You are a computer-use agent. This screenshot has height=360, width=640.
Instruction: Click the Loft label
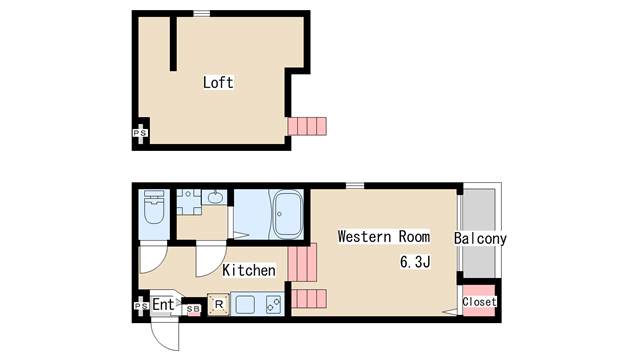tap(218, 82)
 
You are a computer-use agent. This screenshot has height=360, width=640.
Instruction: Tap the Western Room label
tap(384, 237)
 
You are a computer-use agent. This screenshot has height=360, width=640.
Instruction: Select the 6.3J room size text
tap(415, 262)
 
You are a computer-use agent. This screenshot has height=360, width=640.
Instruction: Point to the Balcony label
tap(480, 238)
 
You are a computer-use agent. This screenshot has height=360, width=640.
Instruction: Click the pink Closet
tap(479, 301)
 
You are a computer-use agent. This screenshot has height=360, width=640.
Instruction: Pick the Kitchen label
tap(249, 270)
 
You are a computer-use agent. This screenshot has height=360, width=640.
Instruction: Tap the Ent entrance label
tap(163, 304)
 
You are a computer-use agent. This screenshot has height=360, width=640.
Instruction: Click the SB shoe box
tap(193, 309)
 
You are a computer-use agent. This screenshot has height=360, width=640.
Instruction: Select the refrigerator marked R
tap(219, 304)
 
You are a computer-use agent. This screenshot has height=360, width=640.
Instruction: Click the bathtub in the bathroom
tap(288, 213)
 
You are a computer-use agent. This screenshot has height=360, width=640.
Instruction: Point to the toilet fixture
tap(154, 207)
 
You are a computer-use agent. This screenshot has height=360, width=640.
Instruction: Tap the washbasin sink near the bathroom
tap(215, 198)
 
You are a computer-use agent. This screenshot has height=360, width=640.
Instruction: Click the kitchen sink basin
tap(246, 304)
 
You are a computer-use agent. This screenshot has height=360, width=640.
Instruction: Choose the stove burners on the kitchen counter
tap(273, 304)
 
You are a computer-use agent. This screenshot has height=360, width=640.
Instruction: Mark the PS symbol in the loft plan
tap(140, 133)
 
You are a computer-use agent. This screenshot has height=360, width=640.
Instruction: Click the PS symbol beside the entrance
tap(140, 306)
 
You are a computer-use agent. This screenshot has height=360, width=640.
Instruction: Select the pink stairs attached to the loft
tap(307, 126)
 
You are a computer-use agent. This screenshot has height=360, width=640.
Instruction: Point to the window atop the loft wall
tap(201, 13)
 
